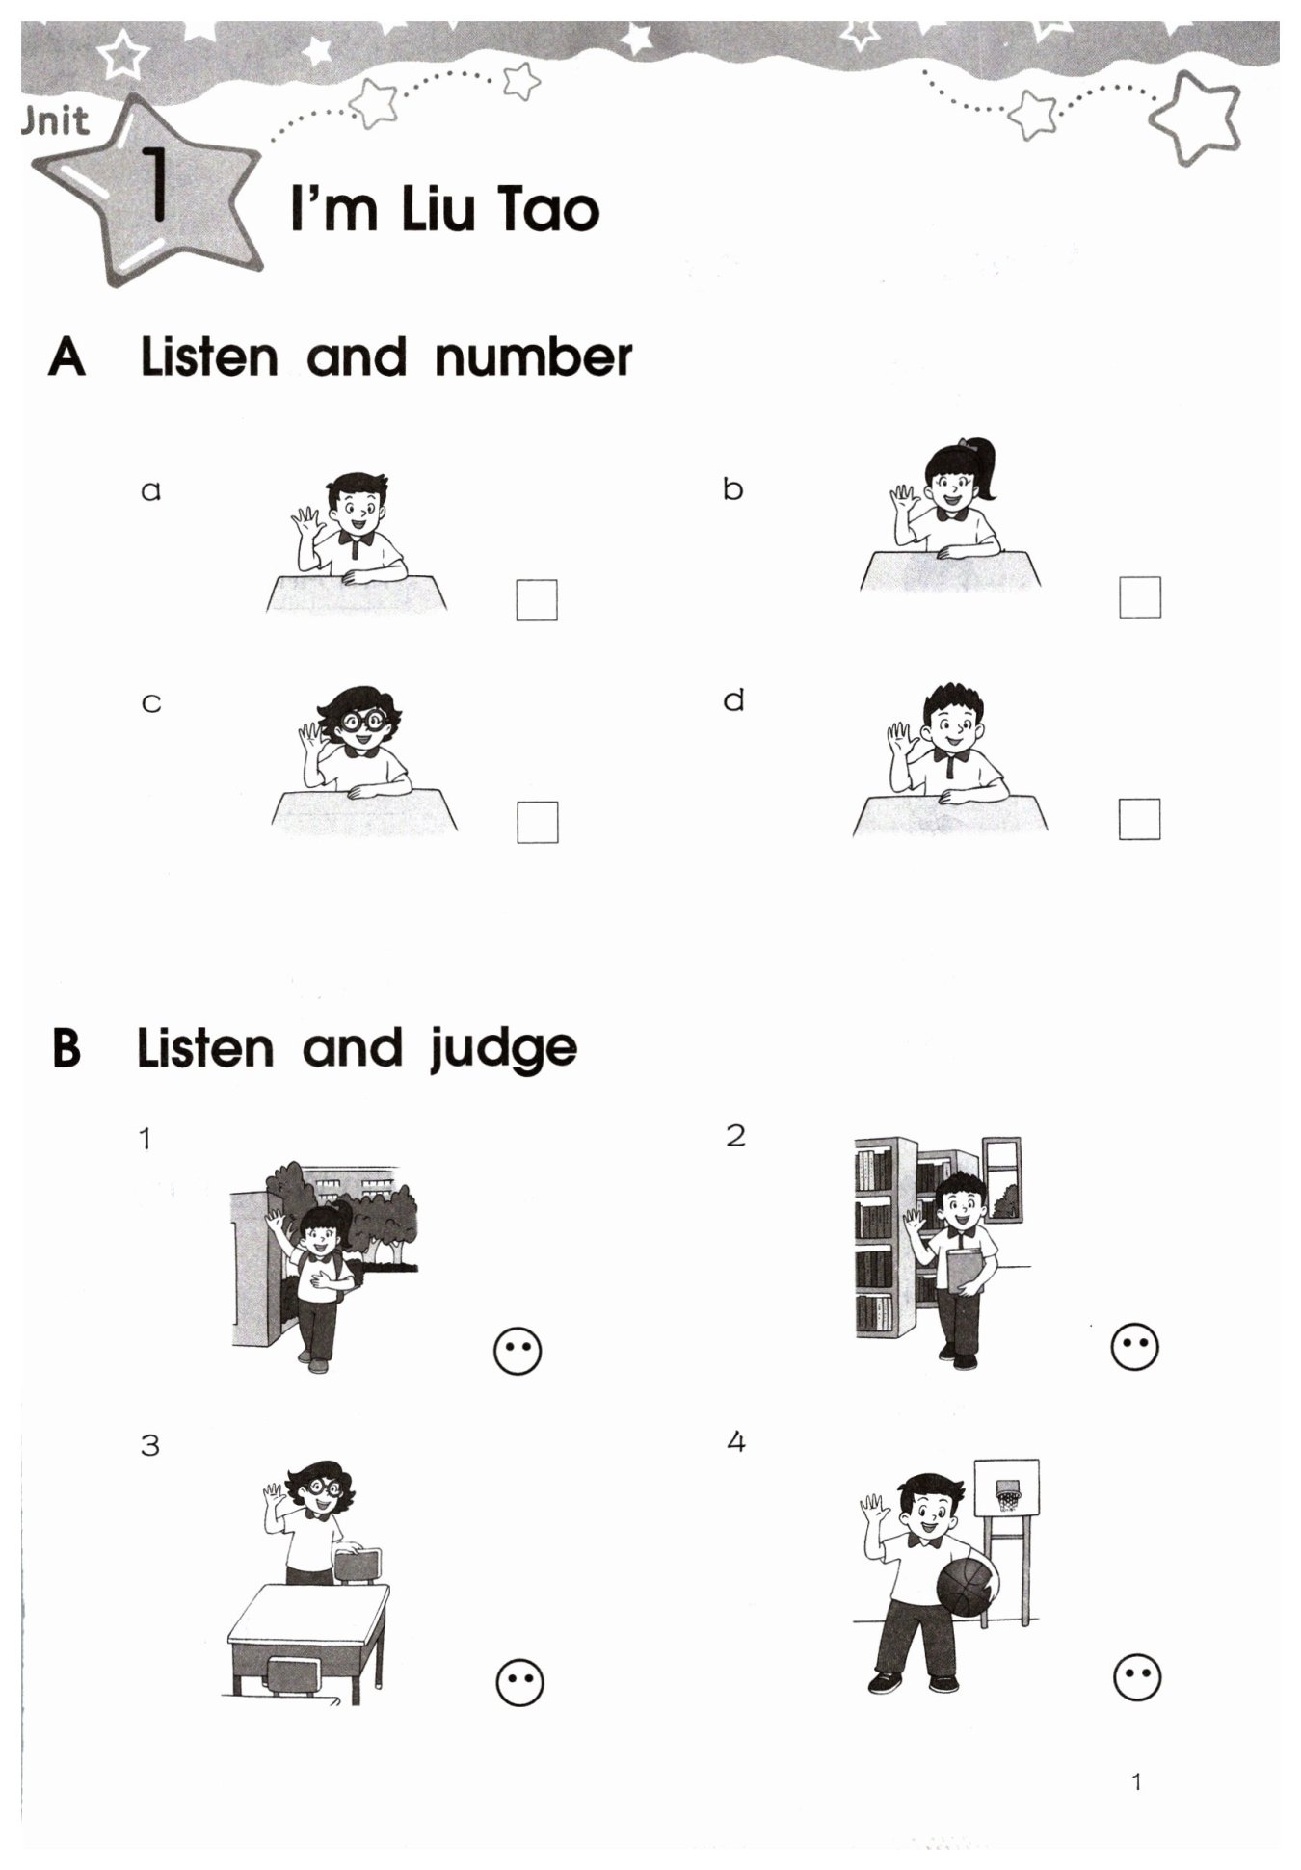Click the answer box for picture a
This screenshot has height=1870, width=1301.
pyautogui.click(x=537, y=599)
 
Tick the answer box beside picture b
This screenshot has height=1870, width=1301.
pyautogui.click(x=1140, y=597)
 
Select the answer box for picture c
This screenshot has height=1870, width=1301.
pyautogui.click(x=537, y=822)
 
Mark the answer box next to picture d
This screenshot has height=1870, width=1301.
pyautogui.click(x=1139, y=819)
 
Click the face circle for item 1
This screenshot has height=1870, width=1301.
pyautogui.click(x=518, y=1351)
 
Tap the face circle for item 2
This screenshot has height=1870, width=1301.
pyautogui.click(x=1134, y=1346)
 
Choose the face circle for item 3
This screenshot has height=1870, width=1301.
pyautogui.click(x=519, y=1682)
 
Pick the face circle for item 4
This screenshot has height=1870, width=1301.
pyautogui.click(x=1137, y=1677)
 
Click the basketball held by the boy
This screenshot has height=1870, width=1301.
pyautogui.click(x=967, y=1591)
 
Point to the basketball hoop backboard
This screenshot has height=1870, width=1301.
pyautogui.click(x=1007, y=1488)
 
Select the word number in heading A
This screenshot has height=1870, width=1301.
pyautogui.click(x=533, y=357)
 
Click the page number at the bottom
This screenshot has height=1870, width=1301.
pyautogui.click(x=1136, y=1781)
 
